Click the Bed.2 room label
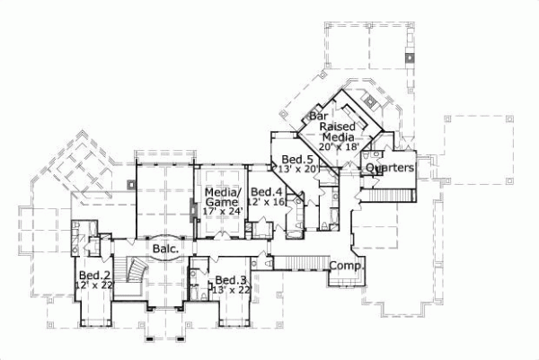tap(93, 276)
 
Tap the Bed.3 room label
tap(231, 279)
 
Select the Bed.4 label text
tap(267, 192)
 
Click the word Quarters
tap(390, 169)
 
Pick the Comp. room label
tap(345, 267)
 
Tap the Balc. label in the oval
tap(163, 248)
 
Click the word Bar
tap(317, 117)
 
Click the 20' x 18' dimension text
tap(340, 146)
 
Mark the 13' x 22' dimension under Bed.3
tap(232, 289)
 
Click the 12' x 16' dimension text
tap(269, 203)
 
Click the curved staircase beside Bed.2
tap(136, 273)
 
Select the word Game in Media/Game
tap(222, 203)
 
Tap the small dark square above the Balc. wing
tap(131, 184)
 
